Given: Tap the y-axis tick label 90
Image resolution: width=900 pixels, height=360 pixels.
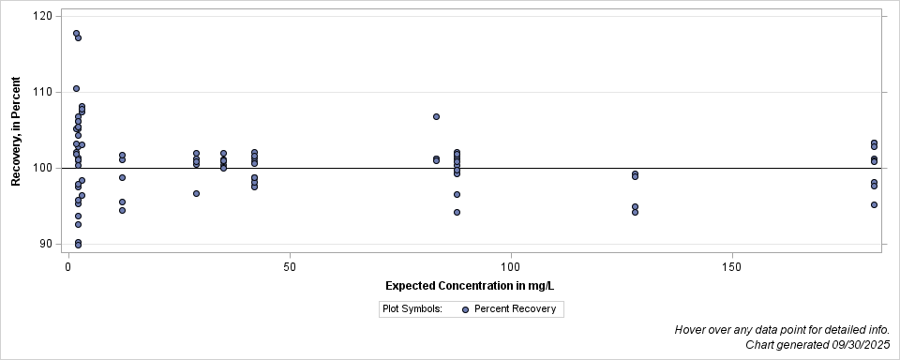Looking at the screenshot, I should point(44,244).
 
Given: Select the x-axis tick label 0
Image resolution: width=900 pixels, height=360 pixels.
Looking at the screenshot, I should point(68,266).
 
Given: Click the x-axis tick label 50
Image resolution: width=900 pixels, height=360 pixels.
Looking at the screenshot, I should point(290,266).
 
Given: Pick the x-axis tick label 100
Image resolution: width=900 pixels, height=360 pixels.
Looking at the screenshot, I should point(511,266).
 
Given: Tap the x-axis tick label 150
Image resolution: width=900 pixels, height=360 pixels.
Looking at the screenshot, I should point(732,266).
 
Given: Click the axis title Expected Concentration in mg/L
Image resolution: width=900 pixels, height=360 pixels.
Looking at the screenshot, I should point(475,285).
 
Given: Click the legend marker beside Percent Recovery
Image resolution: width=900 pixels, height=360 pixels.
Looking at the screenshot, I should point(466,308).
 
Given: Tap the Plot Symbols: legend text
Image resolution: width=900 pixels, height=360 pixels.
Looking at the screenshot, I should point(412,308).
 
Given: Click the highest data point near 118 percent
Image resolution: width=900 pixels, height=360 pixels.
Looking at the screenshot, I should point(76,34).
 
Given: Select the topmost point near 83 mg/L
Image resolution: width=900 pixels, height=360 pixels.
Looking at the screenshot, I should point(436,116).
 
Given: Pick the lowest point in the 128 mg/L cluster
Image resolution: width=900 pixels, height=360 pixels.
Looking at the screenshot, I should point(635,212).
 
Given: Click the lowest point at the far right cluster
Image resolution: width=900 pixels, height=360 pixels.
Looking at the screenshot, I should point(874,204).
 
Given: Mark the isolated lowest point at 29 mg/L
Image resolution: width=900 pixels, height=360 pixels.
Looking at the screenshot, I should point(196,193).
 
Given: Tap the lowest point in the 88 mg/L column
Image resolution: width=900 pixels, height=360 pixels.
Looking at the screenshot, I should point(457,212).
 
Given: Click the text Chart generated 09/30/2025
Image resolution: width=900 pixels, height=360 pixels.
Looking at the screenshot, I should point(817,345).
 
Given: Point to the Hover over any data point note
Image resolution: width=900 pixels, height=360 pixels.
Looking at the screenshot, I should point(782,330).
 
